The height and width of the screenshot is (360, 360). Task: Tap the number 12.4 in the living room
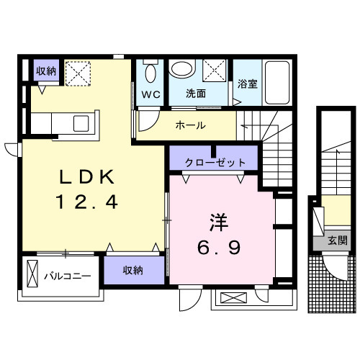tap(86, 204)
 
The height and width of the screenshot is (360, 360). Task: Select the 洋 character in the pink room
tap(221, 217)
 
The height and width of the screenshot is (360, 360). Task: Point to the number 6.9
tap(221, 247)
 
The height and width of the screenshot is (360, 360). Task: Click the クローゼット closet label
tap(215, 162)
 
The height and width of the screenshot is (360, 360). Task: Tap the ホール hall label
tap(190, 125)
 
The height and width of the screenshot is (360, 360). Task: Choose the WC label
tap(150, 94)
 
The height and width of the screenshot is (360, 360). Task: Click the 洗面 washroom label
tap(196, 94)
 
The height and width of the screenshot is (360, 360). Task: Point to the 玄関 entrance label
tap(336, 240)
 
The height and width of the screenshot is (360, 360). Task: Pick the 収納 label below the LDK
tap(132, 270)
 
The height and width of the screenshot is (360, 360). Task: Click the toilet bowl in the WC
tap(150, 73)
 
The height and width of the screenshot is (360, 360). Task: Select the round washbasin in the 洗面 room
tap(184, 70)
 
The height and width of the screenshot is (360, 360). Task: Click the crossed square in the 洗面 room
tap(214, 71)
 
